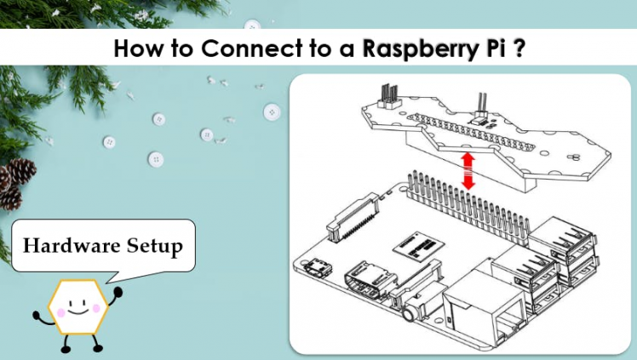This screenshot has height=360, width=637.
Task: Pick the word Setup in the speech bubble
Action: pyautogui.click(x=151, y=247)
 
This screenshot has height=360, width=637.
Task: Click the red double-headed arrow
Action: pyautogui.click(x=467, y=170)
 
